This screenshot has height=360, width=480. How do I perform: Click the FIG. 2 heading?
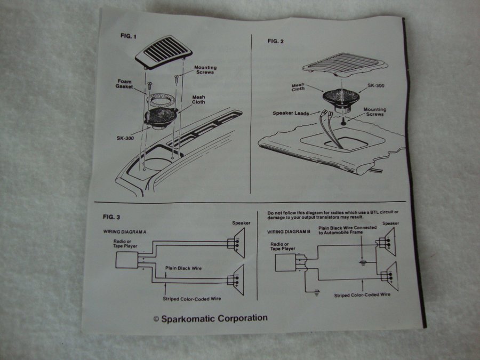coord(277,41)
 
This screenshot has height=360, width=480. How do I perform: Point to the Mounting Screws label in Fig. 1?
coord(205,70)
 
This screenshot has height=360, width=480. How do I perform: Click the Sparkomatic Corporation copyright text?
coord(210,318)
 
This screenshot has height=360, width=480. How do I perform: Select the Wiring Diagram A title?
coord(126,232)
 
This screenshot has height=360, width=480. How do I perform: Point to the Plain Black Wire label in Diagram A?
coord(186,268)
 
